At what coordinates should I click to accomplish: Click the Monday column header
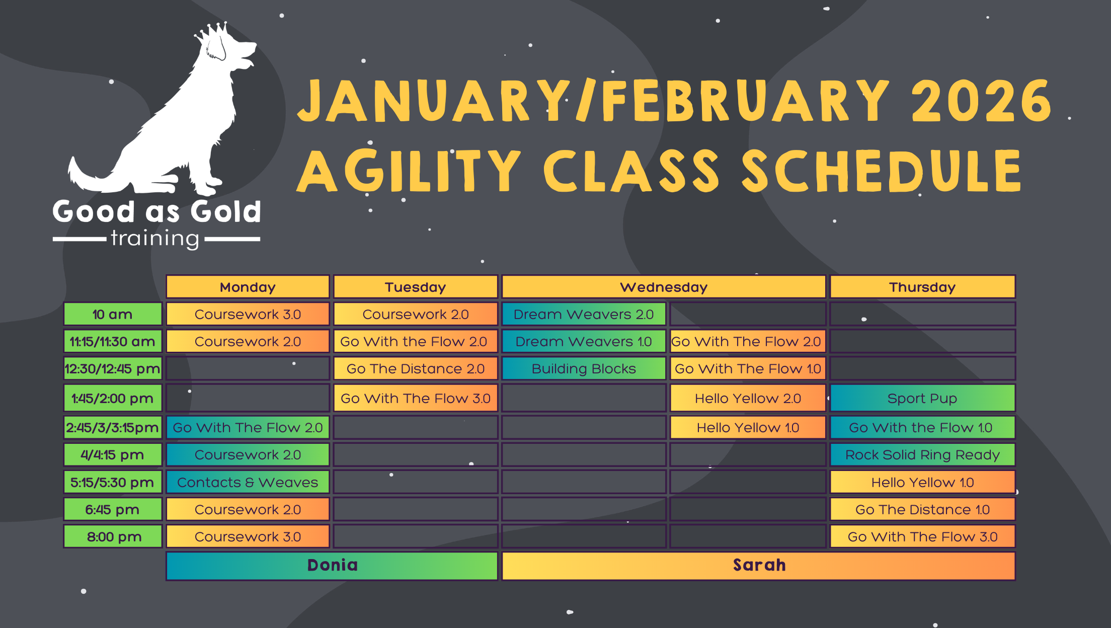[x=248, y=287]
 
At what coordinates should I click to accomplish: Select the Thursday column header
[x=922, y=287]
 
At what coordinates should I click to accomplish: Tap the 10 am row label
[x=112, y=315]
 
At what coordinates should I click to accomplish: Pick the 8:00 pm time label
[x=113, y=536]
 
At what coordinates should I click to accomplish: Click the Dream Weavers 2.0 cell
[x=584, y=315]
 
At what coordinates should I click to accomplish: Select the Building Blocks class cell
[x=584, y=369]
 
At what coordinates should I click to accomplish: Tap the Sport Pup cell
[x=922, y=398]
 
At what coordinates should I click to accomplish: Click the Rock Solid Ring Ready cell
[x=922, y=454]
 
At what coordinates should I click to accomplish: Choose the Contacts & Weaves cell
[x=248, y=482]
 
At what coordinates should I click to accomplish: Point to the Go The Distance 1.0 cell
[x=922, y=509]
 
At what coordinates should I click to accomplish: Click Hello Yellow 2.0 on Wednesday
[x=748, y=398]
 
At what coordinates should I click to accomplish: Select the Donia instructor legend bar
[x=332, y=565]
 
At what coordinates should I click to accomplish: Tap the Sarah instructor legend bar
[x=759, y=565]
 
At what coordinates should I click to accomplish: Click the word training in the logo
[x=155, y=239]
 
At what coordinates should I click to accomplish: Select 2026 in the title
[x=981, y=101]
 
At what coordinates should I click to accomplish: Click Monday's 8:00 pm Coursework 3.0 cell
[x=248, y=536]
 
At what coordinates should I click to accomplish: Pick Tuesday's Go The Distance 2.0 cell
[x=415, y=369]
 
